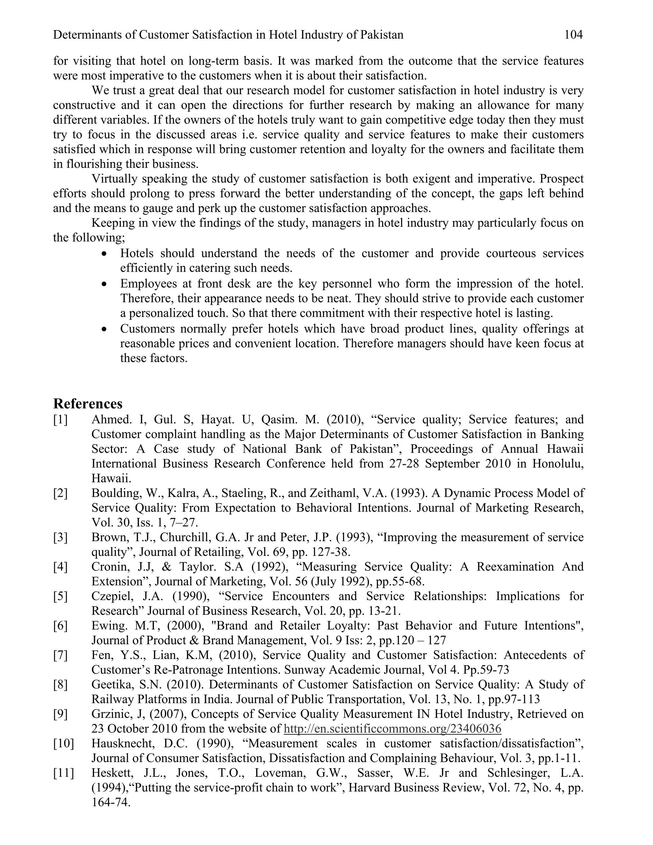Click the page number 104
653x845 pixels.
click(x=573, y=35)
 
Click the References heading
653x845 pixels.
click(x=88, y=404)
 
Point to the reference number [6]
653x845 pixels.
click(x=60, y=626)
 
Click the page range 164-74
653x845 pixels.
click(x=110, y=803)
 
